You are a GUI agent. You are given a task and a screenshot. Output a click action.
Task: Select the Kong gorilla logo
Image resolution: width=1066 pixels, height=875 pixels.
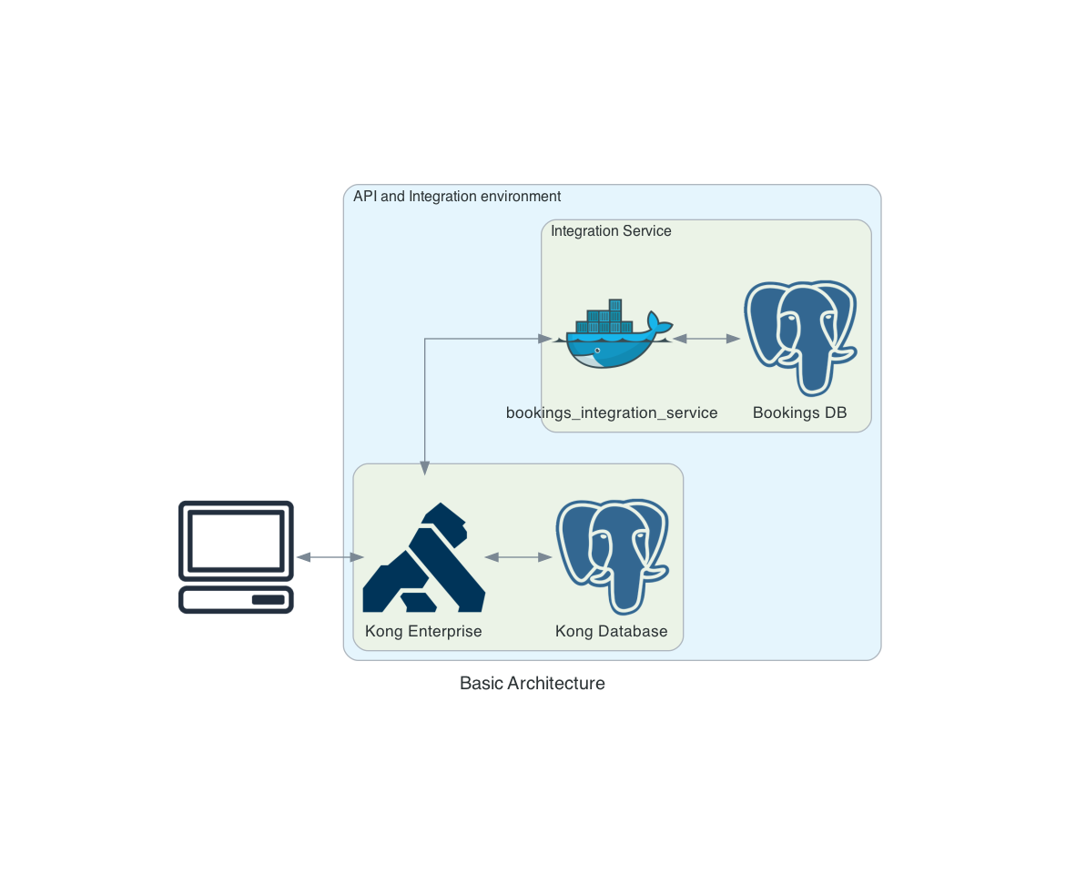pyautogui.click(x=423, y=557)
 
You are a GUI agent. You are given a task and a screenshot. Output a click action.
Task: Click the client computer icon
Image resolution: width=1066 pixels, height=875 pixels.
pyautogui.click(x=236, y=556)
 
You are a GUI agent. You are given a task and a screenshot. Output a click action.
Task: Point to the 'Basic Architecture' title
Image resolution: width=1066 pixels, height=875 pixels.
pyautogui.click(x=533, y=683)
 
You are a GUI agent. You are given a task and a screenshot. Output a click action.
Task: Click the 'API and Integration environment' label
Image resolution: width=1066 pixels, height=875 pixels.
pyautogui.click(x=457, y=197)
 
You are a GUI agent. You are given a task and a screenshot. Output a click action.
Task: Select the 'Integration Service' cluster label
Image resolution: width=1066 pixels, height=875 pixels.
pyautogui.click(x=611, y=231)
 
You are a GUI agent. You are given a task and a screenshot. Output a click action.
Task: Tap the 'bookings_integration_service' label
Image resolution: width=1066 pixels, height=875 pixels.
pyautogui.click(x=612, y=413)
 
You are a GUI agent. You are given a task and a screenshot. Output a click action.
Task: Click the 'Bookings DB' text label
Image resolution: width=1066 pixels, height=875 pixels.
pyautogui.click(x=799, y=413)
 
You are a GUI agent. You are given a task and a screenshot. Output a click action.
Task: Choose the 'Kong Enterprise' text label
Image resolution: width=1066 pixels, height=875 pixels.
pyautogui.click(x=423, y=632)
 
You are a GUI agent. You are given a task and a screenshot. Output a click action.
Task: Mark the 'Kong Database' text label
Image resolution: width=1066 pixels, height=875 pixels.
pyautogui.click(x=612, y=632)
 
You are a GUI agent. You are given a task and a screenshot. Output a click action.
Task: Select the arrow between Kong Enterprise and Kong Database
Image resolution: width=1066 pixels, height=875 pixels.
pyautogui.click(x=519, y=557)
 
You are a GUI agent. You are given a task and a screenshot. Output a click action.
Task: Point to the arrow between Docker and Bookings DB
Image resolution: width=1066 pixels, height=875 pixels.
pyautogui.click(x=706, y=339)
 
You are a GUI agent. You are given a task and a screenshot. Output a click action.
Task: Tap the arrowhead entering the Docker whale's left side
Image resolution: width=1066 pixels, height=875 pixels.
pyautogui.click(x=545, y=339)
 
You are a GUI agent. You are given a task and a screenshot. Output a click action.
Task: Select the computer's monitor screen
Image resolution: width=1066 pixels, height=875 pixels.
pyautogui.click(x=236, y=538)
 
